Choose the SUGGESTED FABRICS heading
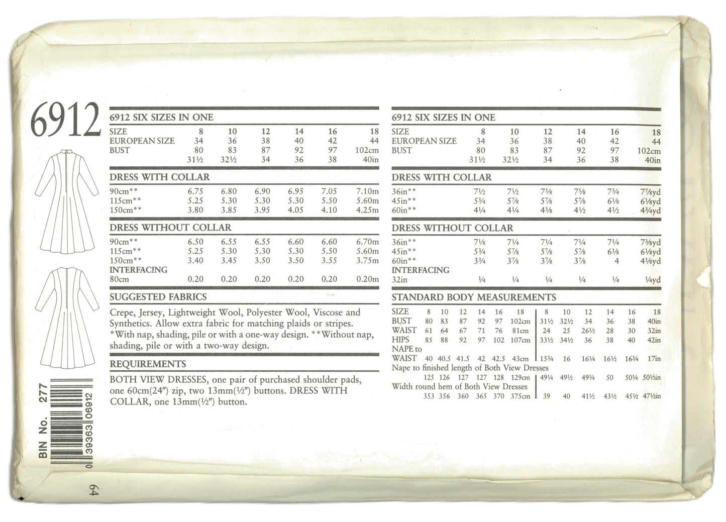click(x=158, y=297)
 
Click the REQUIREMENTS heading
click(x=148, y=364)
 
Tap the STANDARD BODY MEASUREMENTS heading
click(x=473, y=297)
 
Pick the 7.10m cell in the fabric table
click(x=367, y=191)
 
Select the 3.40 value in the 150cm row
click(x=195, y=260)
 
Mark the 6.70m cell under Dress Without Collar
click(x=367, y=242)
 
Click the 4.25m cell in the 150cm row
click(x=367, y=210)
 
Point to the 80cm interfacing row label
click(x=119, y=279)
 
